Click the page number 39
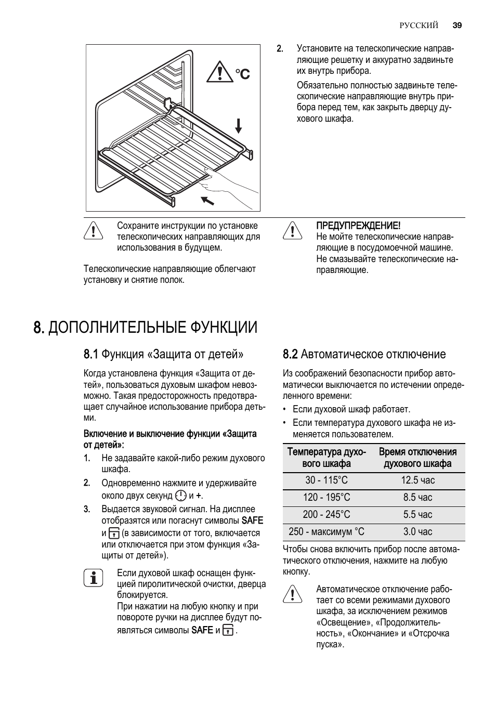pyautogui.click(x=458, y=25)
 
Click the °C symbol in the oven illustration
pyautogui.click(x=242, y=74)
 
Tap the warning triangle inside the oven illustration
pyautogui.click(x=220, y=72)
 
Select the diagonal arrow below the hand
pyautogui.click(x=207, y=201)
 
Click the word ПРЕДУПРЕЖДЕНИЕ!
pyautogui.click(x=358, y=226)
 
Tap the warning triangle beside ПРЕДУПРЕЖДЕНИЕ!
pyautogui.click(x=293, y=230)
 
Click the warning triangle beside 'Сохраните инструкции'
pyautogui.click(x=93, y=230)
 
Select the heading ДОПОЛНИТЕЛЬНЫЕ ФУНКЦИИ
pyautogui.click(x=152, y=327)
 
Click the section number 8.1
pyautogui.click(x=90, y=355)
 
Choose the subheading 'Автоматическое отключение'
pyautogui.click(x=373, y=355)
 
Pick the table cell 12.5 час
pyautogui.click(x=417, y=480)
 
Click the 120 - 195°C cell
pyautogui.click(x=327, y=497)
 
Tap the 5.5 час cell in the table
pyautogui.click(x=417, y=514)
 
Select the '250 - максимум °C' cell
pyautogui.click(x=327, y=531)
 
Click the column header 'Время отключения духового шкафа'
pyautogui.click(x=417, y=458)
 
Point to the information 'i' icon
pyautogui.click(x=94, y=578)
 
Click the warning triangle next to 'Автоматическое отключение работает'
pyautogui.click(x=293, y=594)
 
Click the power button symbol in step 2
pyautogui.click(x=181, y=496)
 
